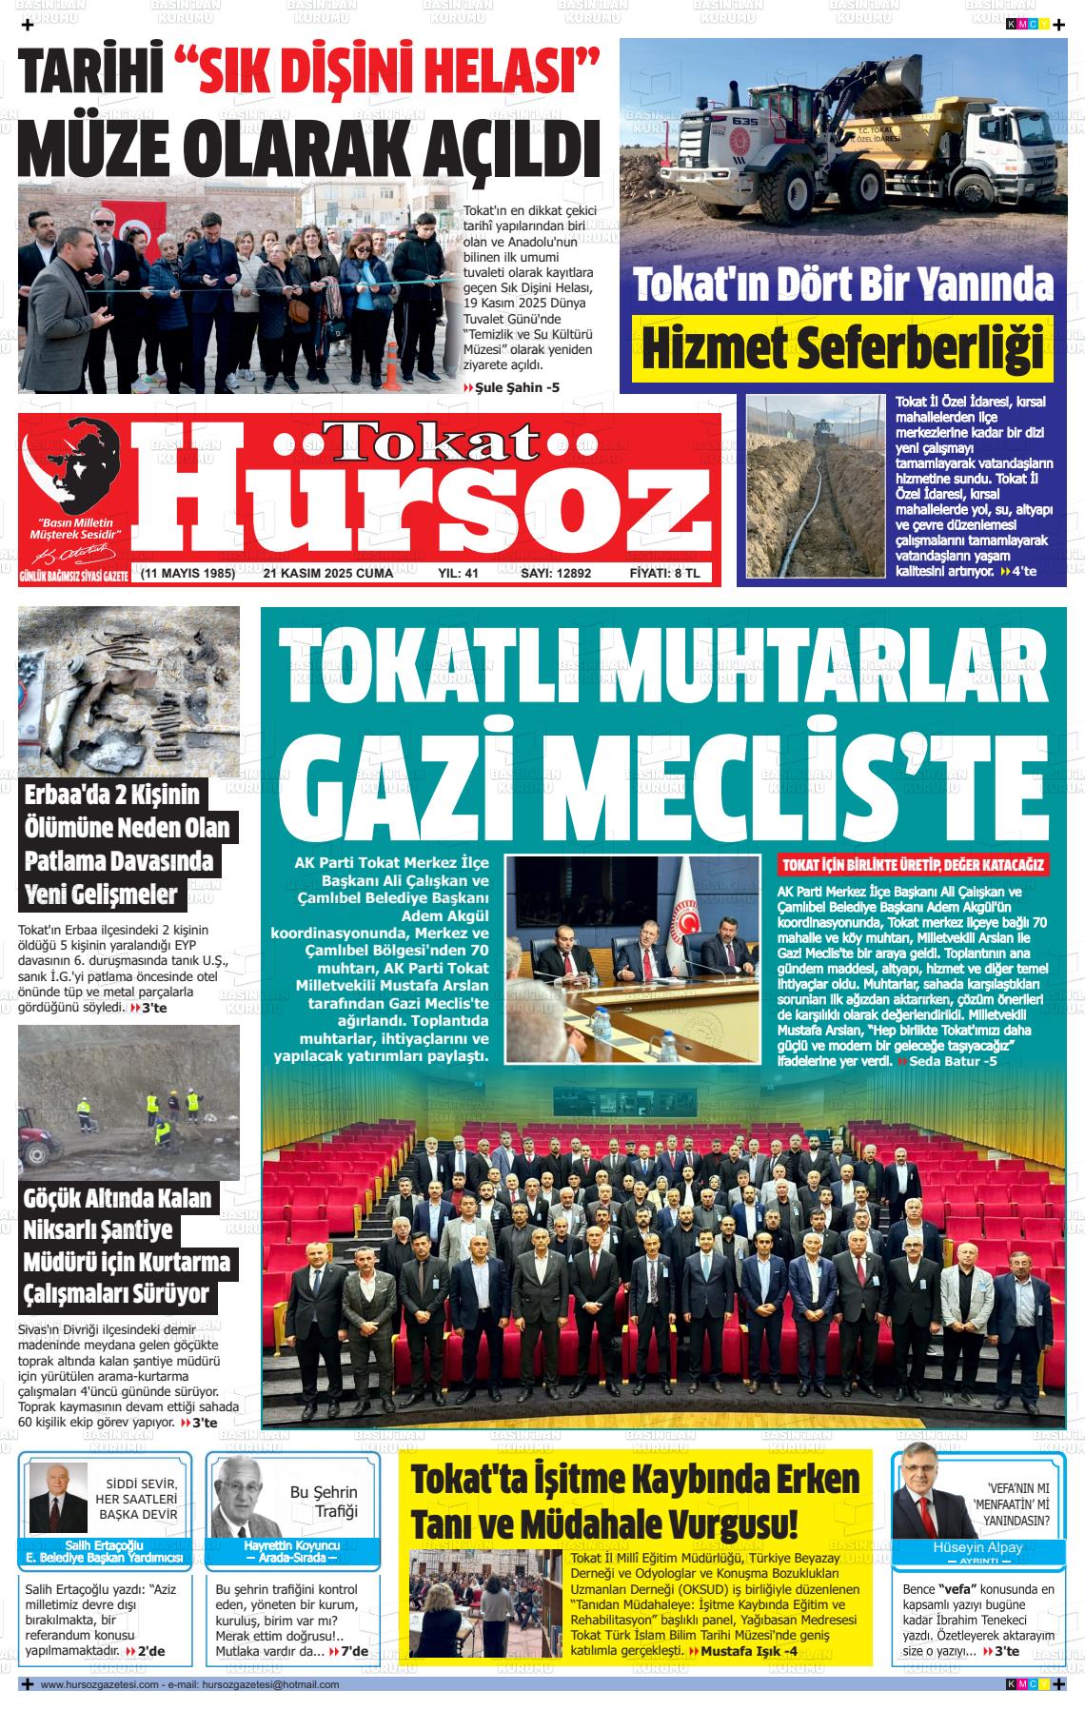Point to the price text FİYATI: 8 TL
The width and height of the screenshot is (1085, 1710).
click(664, 574)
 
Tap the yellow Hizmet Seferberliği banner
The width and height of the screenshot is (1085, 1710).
click(843, 348)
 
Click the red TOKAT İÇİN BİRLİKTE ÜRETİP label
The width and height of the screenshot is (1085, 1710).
click(913, 865)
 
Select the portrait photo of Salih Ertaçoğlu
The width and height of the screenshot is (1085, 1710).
click(58, 1498)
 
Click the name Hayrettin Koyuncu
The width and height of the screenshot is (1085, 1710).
click(292, 1545)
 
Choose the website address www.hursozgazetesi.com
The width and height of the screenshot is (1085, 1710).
click(98, 1684)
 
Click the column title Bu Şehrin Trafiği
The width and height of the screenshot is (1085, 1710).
click(324, 1502)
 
